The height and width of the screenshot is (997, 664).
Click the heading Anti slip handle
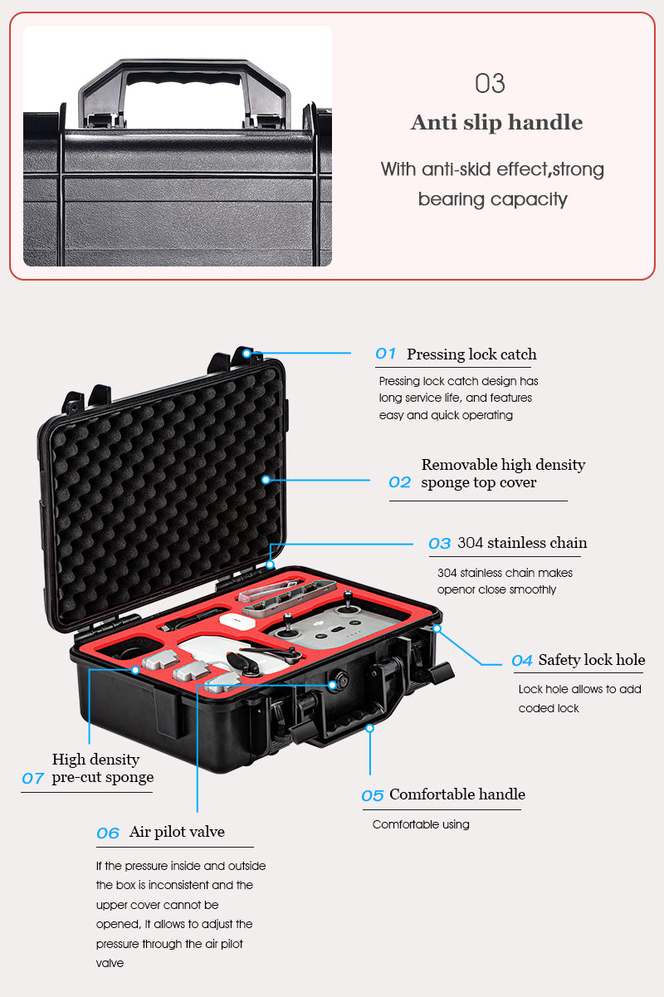pos(496,123)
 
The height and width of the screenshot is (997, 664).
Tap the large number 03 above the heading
pos(490,84)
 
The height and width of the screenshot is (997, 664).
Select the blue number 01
pos(386,354)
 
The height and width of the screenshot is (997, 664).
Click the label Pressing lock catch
pos(471,354)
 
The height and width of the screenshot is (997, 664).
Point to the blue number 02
pos(399,482)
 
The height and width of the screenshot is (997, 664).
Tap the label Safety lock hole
pos(591,660)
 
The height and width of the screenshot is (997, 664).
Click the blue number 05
pos(373,795)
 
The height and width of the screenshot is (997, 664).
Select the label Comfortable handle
pos(456,794)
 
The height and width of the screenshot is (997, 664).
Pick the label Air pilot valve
pos(177,832)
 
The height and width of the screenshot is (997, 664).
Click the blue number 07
pos(32,779)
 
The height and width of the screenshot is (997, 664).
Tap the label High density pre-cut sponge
pos(102,769)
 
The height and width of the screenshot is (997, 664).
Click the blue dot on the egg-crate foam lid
pos(266,479)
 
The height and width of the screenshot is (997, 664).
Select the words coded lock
pos(549,708)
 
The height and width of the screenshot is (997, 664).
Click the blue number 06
pos(108,833)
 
